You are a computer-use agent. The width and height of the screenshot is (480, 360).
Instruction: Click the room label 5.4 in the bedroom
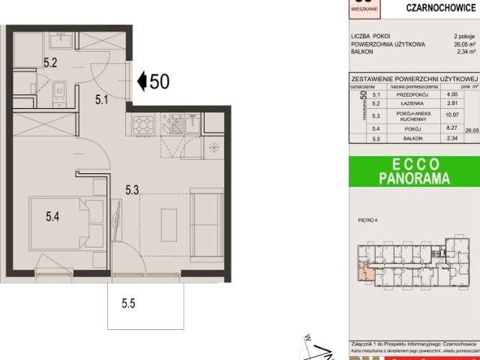[x=52, y=217]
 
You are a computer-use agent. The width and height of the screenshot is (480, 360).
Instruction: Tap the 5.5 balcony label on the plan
[x=129, y=304]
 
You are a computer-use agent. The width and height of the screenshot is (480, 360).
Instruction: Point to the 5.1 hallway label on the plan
[x=102, y=97]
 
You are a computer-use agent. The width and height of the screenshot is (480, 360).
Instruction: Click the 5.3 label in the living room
[x=132, y=190]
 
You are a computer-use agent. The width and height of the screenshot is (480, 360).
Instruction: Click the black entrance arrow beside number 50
[x=142, y=81]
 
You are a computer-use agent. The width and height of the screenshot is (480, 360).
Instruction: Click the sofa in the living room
[x=207, y=220]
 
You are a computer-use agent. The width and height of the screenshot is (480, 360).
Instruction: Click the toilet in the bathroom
[x=61, y=93]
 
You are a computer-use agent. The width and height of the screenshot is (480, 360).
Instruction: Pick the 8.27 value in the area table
[x=451, y=129]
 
